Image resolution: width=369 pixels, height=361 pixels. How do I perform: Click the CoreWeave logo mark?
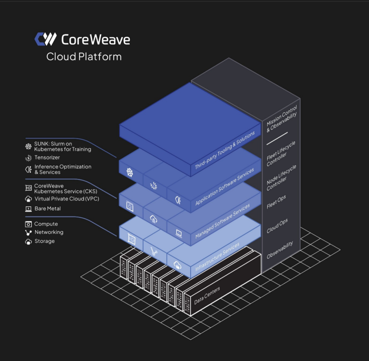click(x=45, y=39)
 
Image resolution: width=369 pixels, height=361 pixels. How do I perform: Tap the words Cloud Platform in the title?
click(x=84, y=56)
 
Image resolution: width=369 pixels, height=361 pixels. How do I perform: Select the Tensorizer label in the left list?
click(x=47, y=157)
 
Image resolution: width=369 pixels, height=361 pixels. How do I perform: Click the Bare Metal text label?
click(x=48, y=208)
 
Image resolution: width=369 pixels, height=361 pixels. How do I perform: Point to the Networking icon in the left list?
click(x=28, y=232)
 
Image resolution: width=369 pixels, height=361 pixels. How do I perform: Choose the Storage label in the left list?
click(x=44, y=241)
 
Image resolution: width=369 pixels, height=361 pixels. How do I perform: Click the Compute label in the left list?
click(x=46, y=224)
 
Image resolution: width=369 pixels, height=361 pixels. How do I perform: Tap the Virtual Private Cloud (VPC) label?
click(x=67, y=199)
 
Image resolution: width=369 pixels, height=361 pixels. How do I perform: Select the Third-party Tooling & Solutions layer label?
click(x=225, y=150)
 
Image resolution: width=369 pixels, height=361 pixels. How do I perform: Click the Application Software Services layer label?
click(x=224, y=186)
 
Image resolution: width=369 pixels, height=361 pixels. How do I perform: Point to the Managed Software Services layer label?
click(x=222, y=221)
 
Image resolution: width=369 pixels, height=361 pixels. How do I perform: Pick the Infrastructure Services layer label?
click(x=218, y=257)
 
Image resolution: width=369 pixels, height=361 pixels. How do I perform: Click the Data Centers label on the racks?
click(x=207, y=296)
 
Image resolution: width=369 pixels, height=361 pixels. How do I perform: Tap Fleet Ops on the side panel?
click(x=276, y=202)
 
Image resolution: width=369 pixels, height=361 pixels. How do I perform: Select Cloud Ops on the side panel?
click(x=277, y=226)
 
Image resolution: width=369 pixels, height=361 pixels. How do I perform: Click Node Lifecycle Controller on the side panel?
click(x=281, y=178)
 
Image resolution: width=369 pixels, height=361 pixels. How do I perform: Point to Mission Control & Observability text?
click(x=282, y=118)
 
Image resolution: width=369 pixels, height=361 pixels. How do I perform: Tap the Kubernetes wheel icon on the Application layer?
click(x=130, y=172)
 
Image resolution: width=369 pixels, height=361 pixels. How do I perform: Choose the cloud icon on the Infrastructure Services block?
click(x=177, y=264)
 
